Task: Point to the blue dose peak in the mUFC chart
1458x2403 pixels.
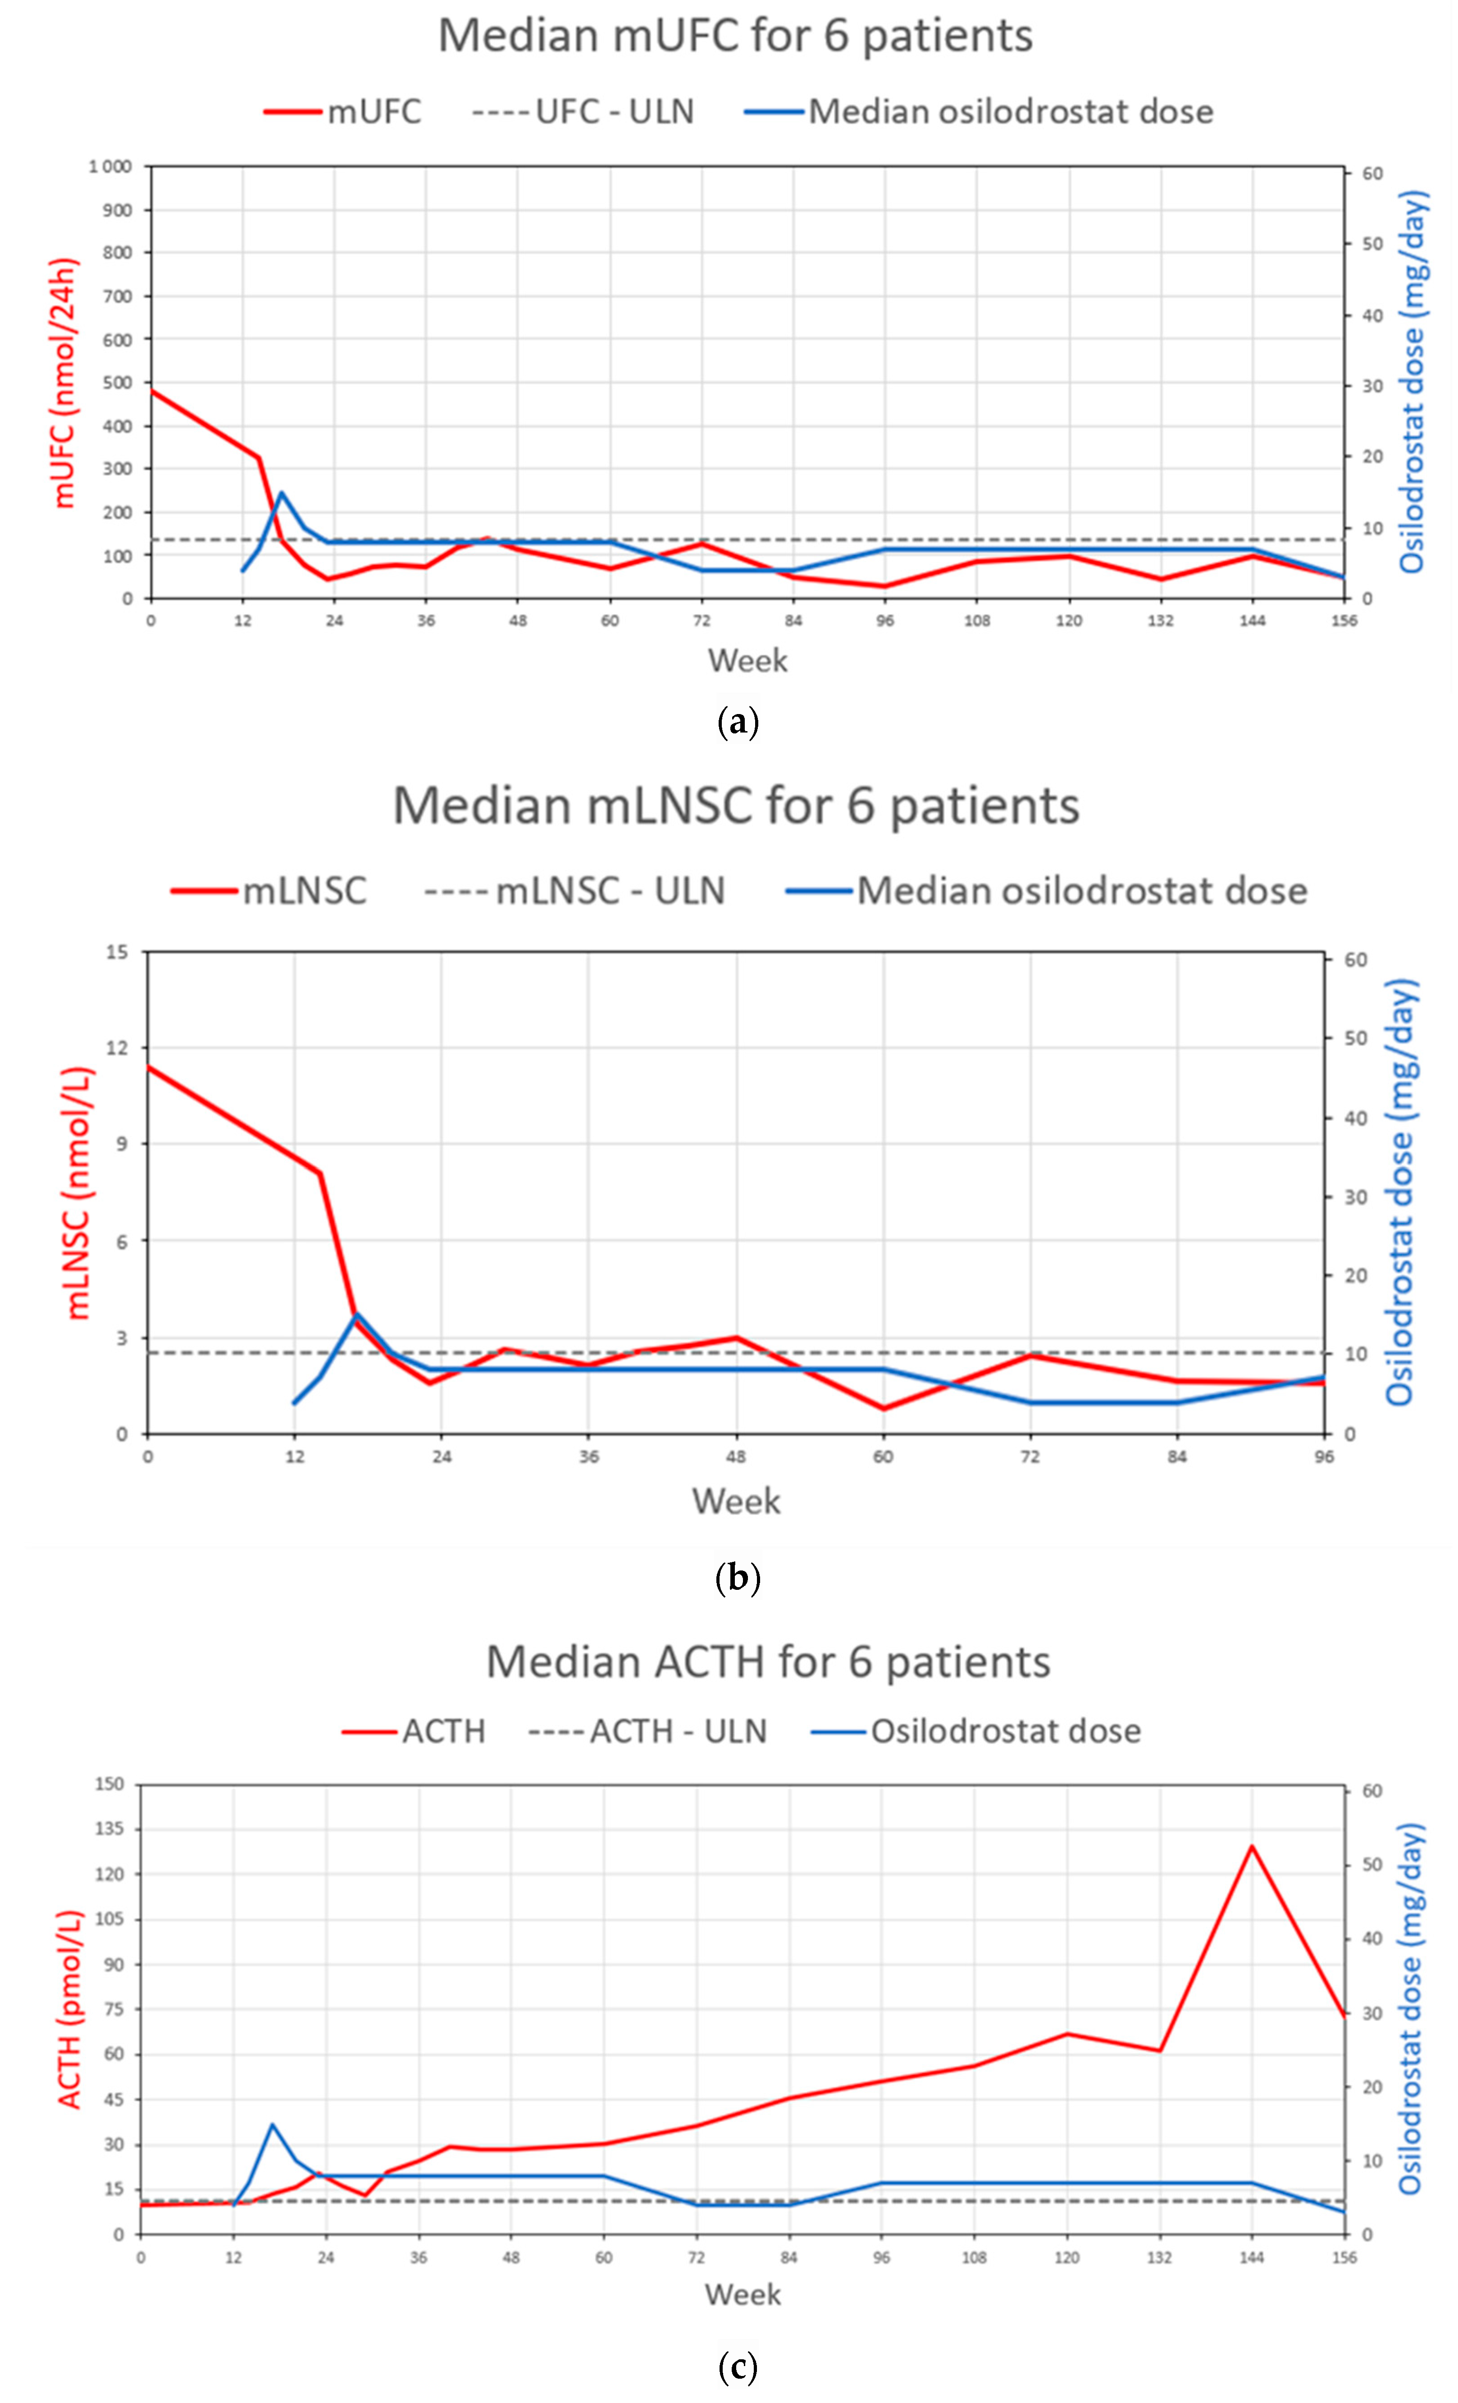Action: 281,492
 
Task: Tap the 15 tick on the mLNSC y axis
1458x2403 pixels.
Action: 117,952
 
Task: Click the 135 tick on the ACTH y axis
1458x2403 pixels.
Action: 109,1829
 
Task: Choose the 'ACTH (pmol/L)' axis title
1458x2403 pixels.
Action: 70,2009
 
